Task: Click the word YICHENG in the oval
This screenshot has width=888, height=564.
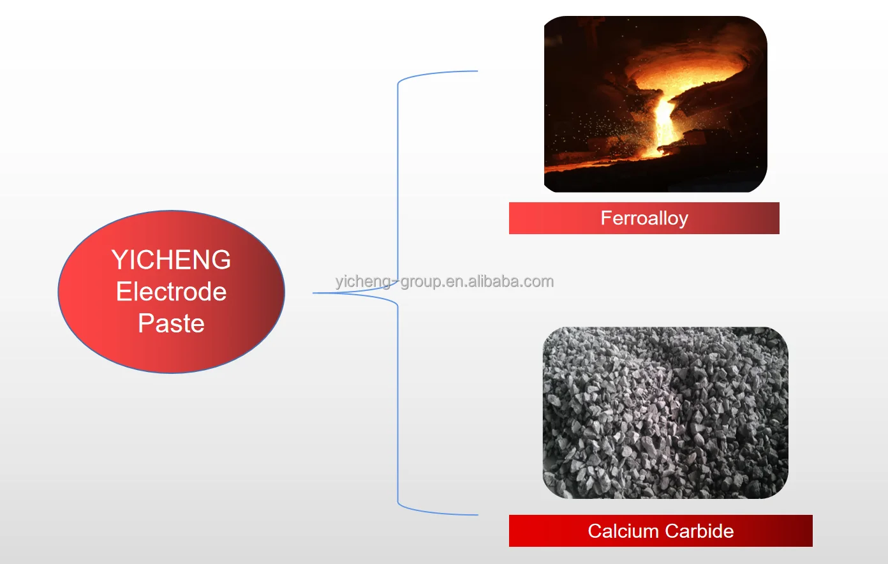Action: coord(171,260)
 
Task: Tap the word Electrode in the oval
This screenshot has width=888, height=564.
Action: coord(171,292)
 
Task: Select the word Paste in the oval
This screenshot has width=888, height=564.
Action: coord(171,323)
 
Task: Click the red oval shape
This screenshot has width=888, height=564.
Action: coord(171,292)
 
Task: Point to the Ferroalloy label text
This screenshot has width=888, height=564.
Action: coord(644,218)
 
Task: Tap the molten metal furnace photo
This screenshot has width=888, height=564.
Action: coord(656,104)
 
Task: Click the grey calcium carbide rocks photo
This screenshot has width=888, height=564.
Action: coord(665,413)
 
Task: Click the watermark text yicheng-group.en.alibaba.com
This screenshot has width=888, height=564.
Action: coord(445,281)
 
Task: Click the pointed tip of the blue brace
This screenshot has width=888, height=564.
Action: coord(313,293)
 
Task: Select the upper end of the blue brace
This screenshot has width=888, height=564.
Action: coord(477,71)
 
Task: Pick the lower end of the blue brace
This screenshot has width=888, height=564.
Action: coord(478,515)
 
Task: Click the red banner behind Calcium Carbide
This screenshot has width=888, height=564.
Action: coord(661,531)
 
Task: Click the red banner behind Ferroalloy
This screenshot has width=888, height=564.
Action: coord(644,218)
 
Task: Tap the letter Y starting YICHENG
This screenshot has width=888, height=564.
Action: coord(119,260)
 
